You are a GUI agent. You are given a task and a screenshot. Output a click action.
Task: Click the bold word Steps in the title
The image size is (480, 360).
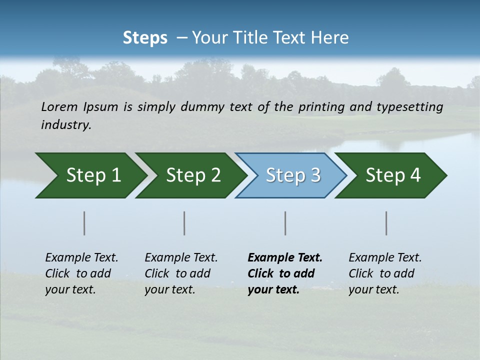tap(145, 38)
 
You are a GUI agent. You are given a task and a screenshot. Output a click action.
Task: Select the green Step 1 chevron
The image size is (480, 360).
tap(90, 175)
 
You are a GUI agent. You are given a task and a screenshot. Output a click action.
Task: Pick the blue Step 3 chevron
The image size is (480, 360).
tap(291, 175)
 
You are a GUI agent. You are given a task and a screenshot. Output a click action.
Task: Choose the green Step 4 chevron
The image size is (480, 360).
tap(391, 175)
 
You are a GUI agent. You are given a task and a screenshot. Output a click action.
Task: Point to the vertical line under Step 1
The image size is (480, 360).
tap(84, 223)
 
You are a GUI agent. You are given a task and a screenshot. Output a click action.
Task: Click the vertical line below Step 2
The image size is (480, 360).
tap(184, 223)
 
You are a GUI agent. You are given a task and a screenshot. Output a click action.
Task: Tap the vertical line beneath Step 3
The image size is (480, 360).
tap(285, 223)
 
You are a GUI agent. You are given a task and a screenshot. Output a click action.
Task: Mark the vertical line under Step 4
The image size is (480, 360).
tap(386, 223)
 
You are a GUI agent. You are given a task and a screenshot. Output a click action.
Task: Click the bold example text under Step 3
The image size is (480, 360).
tap(285, 273)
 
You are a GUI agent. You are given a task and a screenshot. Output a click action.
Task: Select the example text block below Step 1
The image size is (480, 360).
tap(81, 273)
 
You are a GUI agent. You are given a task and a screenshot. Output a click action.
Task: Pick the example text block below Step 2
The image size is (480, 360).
tap(181, 273)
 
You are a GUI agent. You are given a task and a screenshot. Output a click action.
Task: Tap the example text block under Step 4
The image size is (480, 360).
tap(385, 273)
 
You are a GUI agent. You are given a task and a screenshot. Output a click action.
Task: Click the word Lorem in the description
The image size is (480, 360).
tap(59, 107)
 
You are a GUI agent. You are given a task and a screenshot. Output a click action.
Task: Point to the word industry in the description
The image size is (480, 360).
tap(66, 125)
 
